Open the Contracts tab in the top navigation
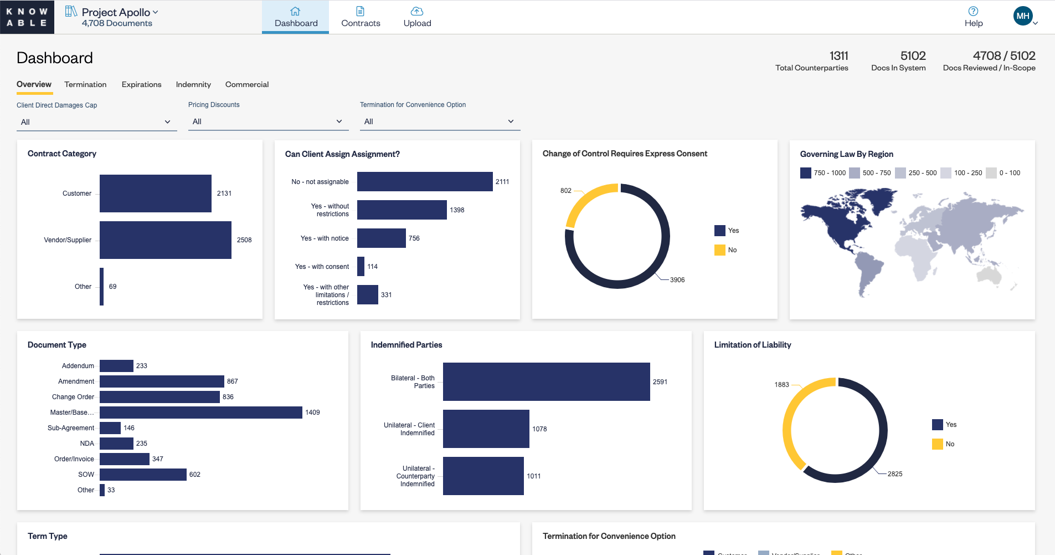pyautogui.click(x=361, y=17)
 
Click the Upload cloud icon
pyautogui.click(x=417, y=11)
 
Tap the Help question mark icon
pyautogui.click(x=973, y=11)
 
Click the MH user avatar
pyautogui.click(x=1022, y=16)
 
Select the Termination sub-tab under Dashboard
pyautogui.click(x=85, y=84)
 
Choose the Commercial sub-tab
pyautogui.click(x=247, y=84)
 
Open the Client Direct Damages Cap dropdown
pyautogui.click(x=96, y=122)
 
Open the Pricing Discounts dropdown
pyautogui.click(x=268, y=121)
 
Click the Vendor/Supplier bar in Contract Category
pyautogui.click(x=165, y=240)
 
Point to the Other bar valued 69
pyautogui.click(x=102, y=287)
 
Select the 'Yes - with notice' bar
pyautogui.click(x=381, y=238)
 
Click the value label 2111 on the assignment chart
pyautogui.click(x=502, y=182)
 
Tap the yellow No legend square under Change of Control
pyautogui.click(x=719, y=250)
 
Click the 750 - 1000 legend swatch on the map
pyautogui.click(x=805, y=173)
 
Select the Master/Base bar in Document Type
pyautogui.click(x=200, y=413)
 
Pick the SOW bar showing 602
pyautogui.click(x=143, y=475)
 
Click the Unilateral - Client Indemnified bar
pyautogui.click(x=486, y=429)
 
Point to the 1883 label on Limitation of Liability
pyautogui.click(x=781, y=385)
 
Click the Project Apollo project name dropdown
pyautogui.click(x=120, y=12)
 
